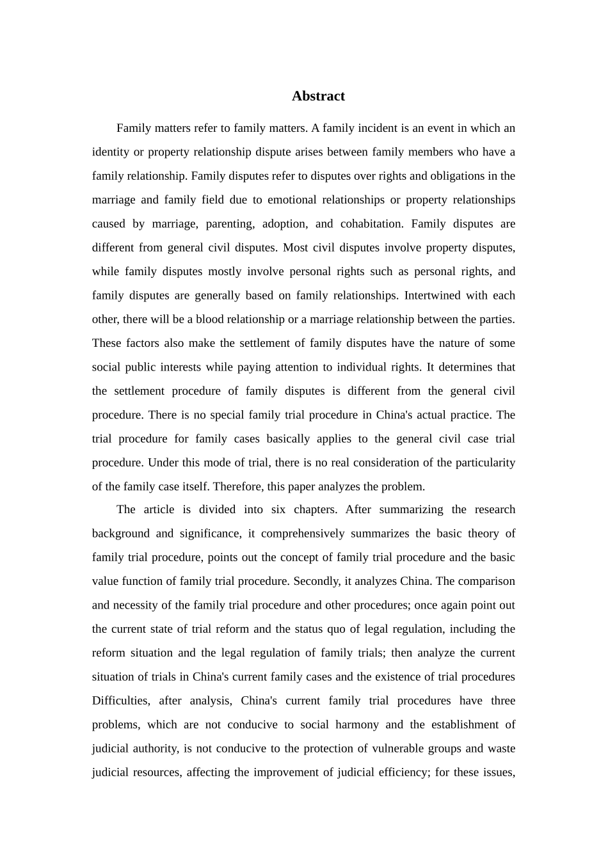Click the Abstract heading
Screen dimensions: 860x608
click(318, 97)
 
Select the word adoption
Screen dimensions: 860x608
click(284, 224)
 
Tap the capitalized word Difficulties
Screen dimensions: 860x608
click(120, 701)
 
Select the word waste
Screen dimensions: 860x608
click(501, 749)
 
